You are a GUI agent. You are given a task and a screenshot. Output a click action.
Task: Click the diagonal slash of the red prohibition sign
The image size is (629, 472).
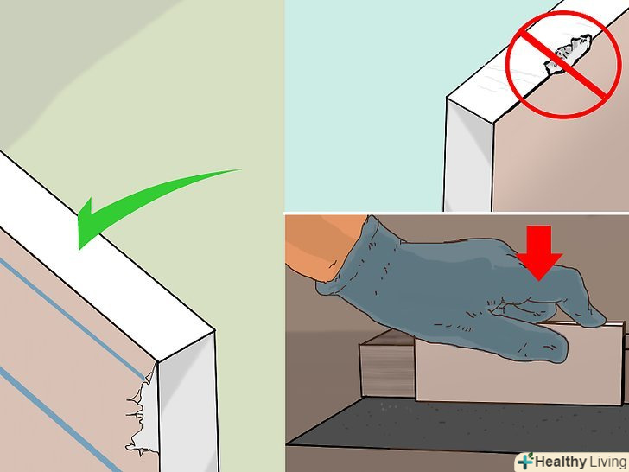tap(563, 64)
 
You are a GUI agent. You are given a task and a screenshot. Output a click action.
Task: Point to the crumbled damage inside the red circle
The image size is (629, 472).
tap(568, 54)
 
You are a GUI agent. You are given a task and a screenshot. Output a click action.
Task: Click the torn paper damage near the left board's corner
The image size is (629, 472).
tap(143, 413)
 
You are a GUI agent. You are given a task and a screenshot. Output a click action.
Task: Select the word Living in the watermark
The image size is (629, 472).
tap(608, 461)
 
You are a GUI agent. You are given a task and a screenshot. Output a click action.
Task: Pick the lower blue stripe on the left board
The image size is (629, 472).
tap(56, 418)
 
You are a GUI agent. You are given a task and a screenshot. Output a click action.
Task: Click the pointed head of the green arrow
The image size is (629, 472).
tap(87, 223)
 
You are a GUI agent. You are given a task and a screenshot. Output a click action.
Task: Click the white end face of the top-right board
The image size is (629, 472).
tap(468, 156)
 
